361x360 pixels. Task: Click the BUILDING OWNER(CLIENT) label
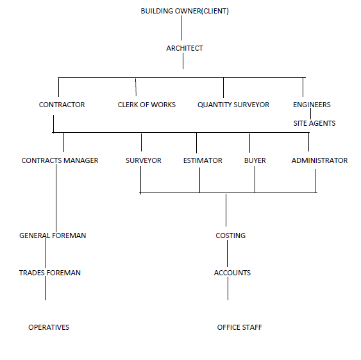[185, 11]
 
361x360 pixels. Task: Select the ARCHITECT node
[185, 48]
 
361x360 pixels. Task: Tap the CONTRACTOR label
[62, 105]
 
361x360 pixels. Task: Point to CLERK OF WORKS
[147, 105]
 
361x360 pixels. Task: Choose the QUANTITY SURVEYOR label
[233, 105]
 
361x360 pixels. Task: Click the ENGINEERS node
[312, 105]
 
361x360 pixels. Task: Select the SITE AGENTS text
[314, 123]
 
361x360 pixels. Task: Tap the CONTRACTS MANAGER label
[60, 160]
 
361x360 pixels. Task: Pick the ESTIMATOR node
[203, 160]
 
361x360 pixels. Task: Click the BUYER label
[255, 160]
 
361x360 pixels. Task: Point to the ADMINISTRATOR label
[319, 160]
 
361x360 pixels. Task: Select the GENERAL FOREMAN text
[53, 236]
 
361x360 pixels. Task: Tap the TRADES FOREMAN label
[50, 273]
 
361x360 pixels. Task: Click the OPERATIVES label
[49, 327]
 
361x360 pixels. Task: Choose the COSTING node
[230, 236]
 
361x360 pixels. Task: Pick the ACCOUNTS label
[232, 273]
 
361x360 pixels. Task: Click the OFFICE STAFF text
[239, 327]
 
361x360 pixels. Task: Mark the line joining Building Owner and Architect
[181, 28]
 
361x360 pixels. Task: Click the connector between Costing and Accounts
[228, 253]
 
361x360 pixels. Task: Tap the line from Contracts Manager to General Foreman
[56, 198]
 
